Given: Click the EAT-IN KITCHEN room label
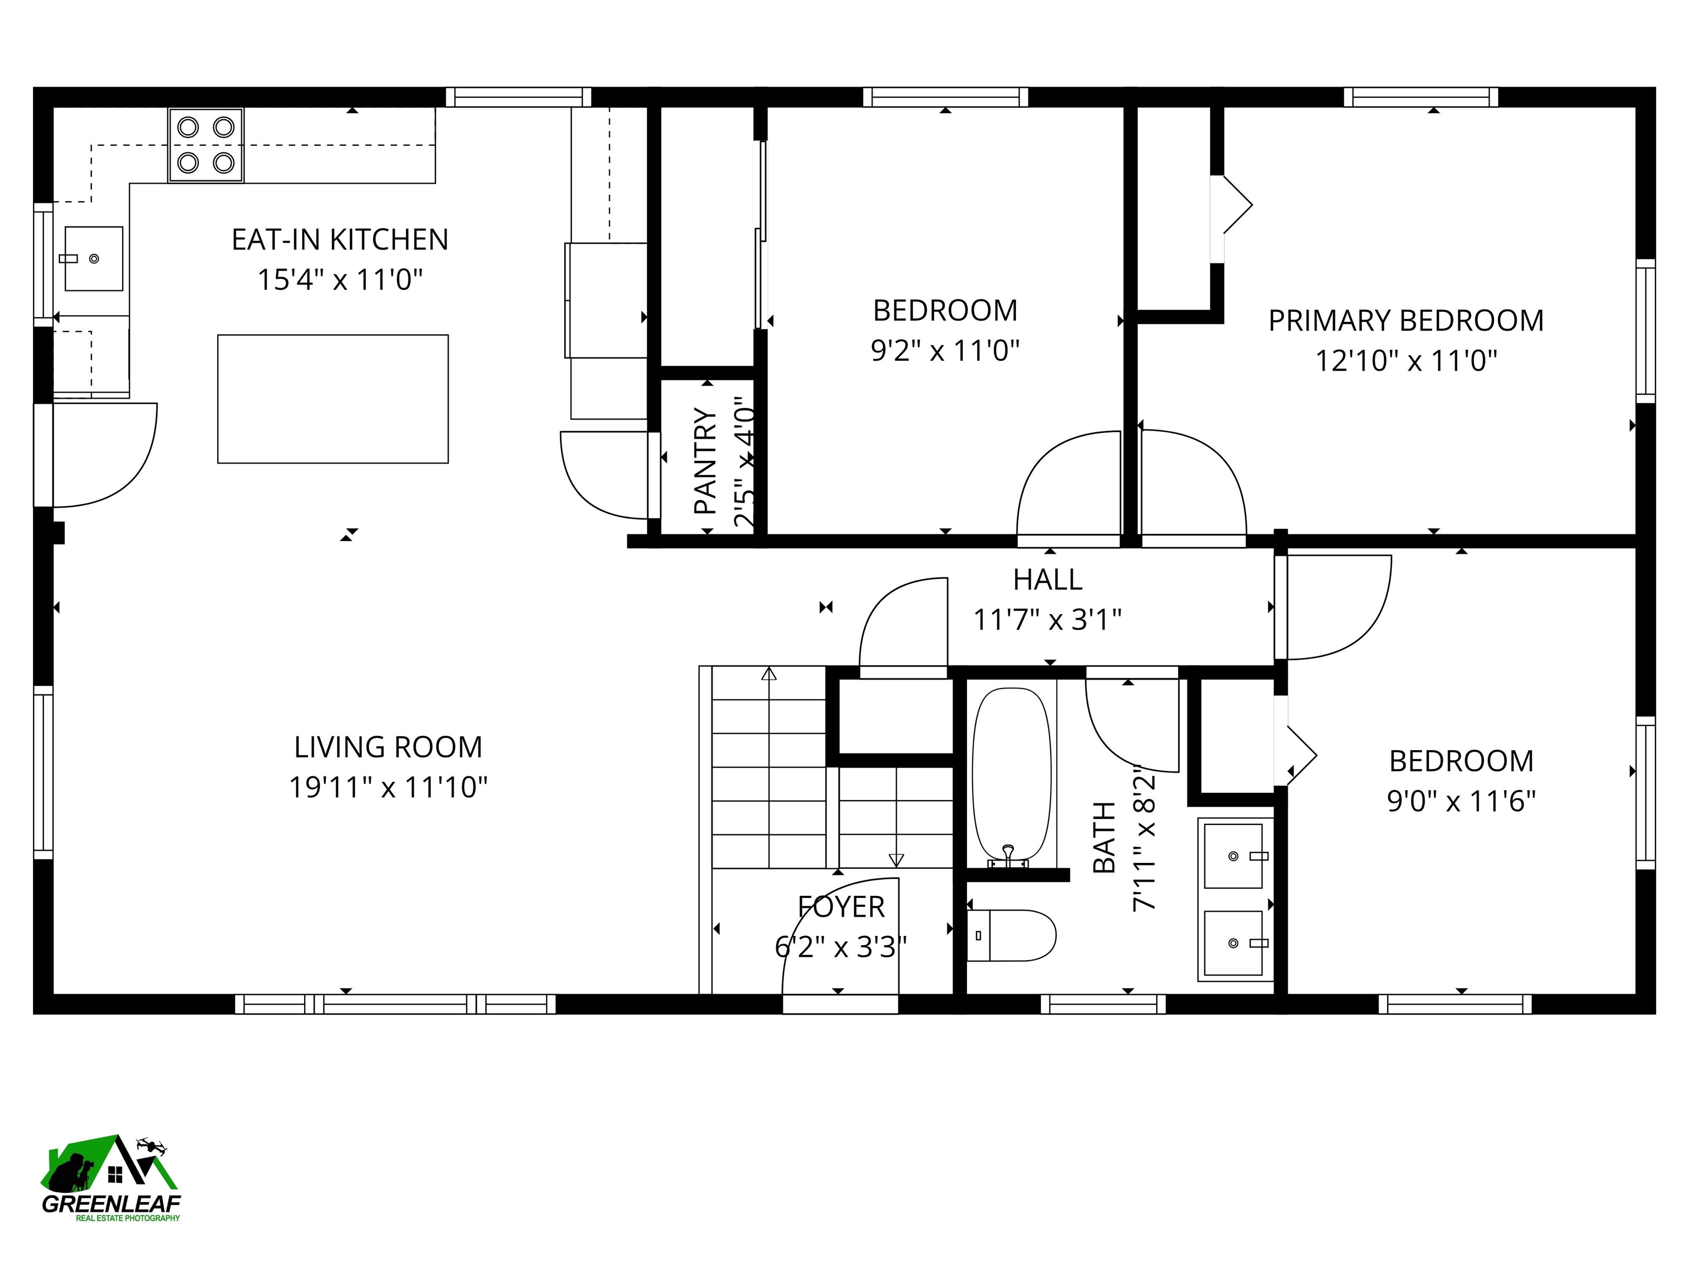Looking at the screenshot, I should tap(340, 240).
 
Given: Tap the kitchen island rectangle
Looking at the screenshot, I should tap(333, 399).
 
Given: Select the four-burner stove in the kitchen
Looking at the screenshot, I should tap(206, 145).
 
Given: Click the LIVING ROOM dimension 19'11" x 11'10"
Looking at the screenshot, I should tap(388, 786).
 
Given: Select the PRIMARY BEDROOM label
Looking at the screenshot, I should tap(1406, 321).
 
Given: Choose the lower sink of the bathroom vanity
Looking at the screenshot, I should tap(1233, 943).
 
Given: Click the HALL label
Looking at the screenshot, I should tap(1047, 580).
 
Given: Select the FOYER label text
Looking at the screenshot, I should tap(841, 906).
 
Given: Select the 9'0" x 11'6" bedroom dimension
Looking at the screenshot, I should tap(1461, 801).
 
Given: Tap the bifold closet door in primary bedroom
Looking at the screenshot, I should tap(1235, 205).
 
